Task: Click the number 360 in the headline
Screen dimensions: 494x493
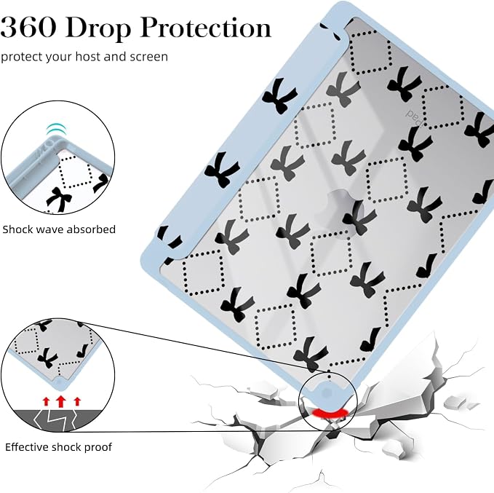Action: click(x=28, y=28)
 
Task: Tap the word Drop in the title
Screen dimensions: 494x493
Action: click(x=98, y=28)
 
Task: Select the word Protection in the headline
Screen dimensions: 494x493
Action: click(x=205, y=28)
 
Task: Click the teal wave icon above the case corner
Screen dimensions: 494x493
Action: click(x=57, y=129)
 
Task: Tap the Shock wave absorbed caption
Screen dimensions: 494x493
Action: click(x=59, y=229)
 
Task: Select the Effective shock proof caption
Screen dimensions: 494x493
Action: click(x=59, y=447)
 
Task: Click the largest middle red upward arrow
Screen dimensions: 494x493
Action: click(x=61, y=401)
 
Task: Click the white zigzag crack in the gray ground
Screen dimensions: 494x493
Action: click(x=55, y=420)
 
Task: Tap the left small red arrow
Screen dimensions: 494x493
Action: click(x=47, y=401)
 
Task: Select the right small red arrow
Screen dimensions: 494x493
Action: click(x=77, y=401)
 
